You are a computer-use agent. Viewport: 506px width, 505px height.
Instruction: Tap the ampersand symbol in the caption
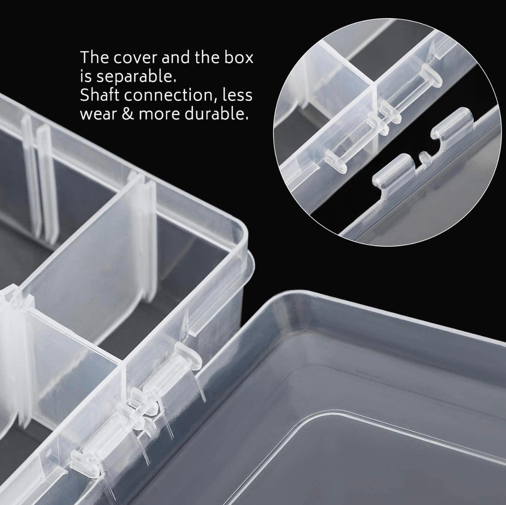tap(128, 114)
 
